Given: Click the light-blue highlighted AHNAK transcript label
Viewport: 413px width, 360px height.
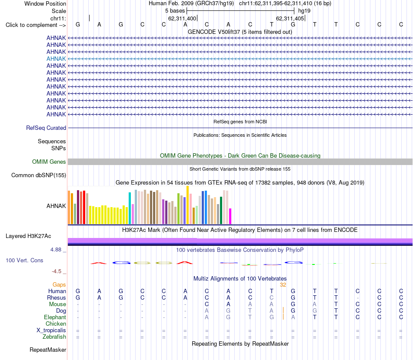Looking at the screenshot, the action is [56, 59].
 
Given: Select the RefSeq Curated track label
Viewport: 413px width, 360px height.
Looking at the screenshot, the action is [46, 128].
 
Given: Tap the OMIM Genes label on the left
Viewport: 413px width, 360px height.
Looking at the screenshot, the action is [49, 162].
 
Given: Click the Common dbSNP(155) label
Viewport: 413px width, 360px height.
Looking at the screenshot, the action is [39, 175].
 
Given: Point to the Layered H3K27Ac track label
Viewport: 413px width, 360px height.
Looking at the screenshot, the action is [28, 236].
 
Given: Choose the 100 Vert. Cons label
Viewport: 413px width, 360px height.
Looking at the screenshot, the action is [24, 260].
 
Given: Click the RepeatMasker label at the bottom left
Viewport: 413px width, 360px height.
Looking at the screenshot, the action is [48, 350].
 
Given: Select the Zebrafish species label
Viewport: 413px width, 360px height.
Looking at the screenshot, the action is [54, 337].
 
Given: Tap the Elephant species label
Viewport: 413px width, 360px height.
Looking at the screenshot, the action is [55, 317].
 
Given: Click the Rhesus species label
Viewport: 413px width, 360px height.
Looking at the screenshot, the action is [57, 297].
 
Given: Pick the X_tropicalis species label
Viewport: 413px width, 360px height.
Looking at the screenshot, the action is [51, 330].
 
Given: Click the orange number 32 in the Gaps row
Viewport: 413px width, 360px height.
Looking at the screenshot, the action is [283, 285].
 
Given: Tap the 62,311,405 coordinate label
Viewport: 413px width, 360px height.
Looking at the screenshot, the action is [290, 18].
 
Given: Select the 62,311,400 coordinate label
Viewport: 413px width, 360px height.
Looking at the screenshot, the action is [182, 18].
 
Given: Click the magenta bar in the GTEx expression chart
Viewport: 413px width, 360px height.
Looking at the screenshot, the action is [230, 216].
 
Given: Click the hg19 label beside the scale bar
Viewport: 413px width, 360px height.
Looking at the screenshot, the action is [304, 11].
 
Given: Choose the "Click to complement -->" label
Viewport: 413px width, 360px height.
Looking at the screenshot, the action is [36, 25].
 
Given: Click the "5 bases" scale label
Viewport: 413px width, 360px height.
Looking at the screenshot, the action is [175, 11].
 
